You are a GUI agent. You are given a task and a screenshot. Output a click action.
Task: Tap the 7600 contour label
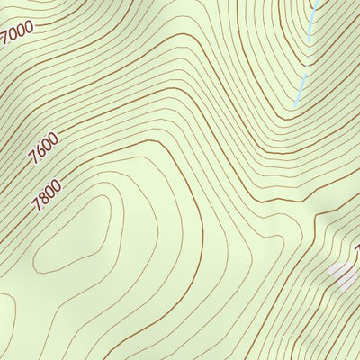43,147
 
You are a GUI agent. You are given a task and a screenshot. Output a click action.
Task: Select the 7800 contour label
46,195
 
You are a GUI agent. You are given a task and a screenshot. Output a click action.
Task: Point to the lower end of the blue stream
296,105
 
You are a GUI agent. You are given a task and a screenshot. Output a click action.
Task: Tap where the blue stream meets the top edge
318,2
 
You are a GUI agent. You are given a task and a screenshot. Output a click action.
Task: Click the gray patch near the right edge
342,274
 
